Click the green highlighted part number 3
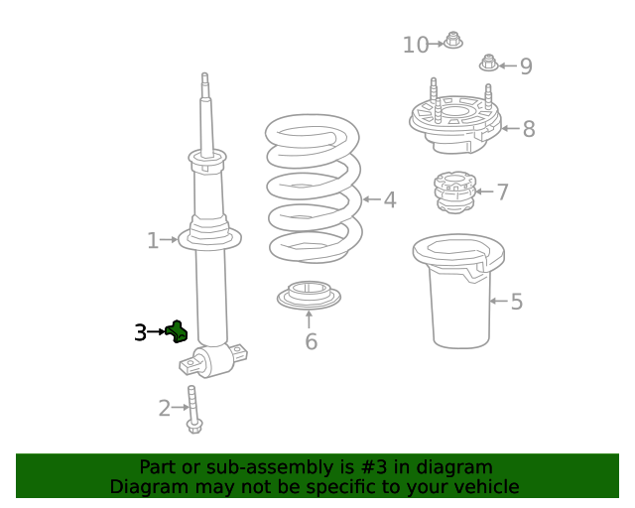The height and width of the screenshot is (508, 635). [178, 331]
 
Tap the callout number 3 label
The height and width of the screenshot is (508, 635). [141, 333]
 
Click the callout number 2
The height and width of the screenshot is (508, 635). [165, 407]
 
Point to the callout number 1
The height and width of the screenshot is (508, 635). [153, 240]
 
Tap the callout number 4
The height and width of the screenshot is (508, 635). [390, 200]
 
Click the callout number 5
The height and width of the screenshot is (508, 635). [516, 302]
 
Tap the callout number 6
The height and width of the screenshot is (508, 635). [311, 342]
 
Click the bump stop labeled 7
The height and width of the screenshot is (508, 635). [451, 192]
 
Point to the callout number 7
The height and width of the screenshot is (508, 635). [503, 192]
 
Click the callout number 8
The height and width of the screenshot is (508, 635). [528, 129]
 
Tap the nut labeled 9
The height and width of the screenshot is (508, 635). [488, 63]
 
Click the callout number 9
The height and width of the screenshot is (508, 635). [526, 66]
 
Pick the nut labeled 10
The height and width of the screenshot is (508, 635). [453, 41]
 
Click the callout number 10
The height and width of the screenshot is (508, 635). [416, 45]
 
